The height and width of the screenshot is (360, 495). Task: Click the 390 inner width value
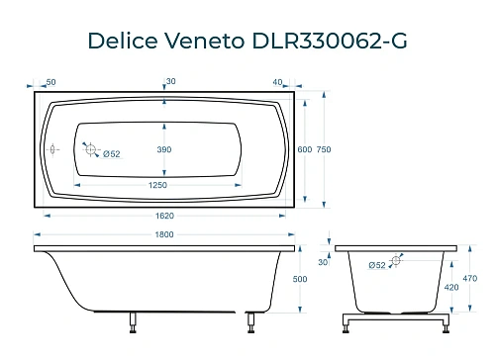(x=178, y=149)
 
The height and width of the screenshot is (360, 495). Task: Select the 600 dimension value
(x=304, y=149)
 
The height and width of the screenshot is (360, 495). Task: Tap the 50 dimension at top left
(x=49, y=81)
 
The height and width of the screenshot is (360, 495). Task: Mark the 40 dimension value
(x=279, y=81)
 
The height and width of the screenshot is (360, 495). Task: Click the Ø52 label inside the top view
(x=112, y=153)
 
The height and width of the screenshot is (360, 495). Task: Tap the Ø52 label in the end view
(x=377, y=264)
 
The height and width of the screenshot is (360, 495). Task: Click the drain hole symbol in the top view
(x=90, y=150)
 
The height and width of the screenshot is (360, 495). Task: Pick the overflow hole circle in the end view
(x=397, y=260)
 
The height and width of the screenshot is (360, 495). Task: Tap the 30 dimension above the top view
(x=171, y=81)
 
